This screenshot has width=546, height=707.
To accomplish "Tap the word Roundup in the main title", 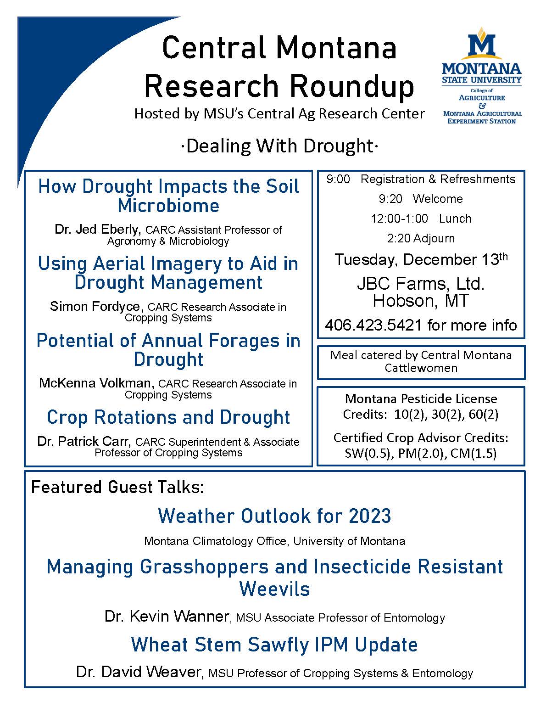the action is pos(352,86).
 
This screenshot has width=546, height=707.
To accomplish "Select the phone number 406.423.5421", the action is pos(373,325).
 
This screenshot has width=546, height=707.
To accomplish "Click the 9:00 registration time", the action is pos(338,179).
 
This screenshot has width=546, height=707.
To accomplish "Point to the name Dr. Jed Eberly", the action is pos(97,230).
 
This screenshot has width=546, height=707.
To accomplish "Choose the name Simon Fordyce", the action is pos(95,307).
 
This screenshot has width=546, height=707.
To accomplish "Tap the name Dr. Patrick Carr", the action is pos(84,442).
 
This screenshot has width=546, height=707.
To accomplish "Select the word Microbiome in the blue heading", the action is pos(168,206).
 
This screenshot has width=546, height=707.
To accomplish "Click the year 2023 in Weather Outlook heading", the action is pos(370,516).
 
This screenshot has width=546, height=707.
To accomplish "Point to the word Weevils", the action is pos(274,589).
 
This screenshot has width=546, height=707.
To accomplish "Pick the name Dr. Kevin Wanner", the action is pos(167,616).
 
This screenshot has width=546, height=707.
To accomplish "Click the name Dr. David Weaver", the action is pos(139,672).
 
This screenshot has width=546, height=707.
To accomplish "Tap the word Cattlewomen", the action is pos(421,368).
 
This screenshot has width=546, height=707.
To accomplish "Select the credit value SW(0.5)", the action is pos(368,453).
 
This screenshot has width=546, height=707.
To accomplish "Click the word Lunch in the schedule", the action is pos(455,219).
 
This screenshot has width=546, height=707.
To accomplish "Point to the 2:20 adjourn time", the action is pos(399,238).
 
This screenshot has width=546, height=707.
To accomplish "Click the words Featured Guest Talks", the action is pos(117,488).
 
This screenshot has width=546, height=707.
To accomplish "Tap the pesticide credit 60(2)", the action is pos(483,415).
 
